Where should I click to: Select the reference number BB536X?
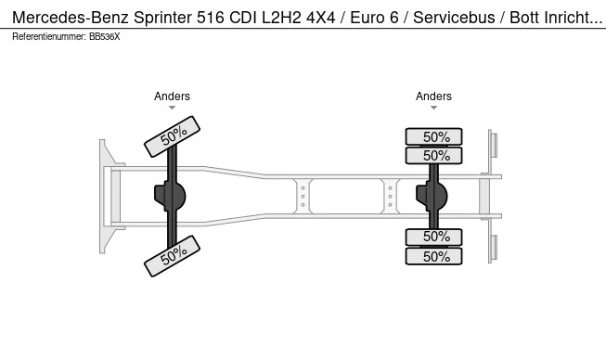(x=104, y=37)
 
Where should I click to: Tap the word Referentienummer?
(x=49, y=37)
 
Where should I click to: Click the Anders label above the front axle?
(x=172, y=96)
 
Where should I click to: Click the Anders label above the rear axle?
(x=433, y=96)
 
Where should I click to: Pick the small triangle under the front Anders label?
(x=172, y=108)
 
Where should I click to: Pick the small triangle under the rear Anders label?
(x=433, y=108)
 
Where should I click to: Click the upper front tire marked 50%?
(x=172, y=136)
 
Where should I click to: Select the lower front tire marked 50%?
(x=172, y=256)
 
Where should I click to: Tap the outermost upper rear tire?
(x=433, y=136)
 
